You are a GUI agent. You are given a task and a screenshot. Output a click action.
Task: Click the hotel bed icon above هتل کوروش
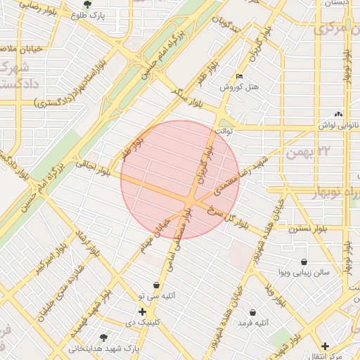point(240,76)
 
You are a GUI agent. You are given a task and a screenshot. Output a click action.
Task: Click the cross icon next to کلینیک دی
point(143,311)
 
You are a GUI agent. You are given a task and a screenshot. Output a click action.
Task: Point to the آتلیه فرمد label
point(252,322)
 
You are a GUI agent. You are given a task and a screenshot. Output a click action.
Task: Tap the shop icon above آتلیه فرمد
point(252,311)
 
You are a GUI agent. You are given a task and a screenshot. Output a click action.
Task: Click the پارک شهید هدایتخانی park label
point(104,348)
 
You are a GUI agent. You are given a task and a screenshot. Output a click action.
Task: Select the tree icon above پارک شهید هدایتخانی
point(104,337)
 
